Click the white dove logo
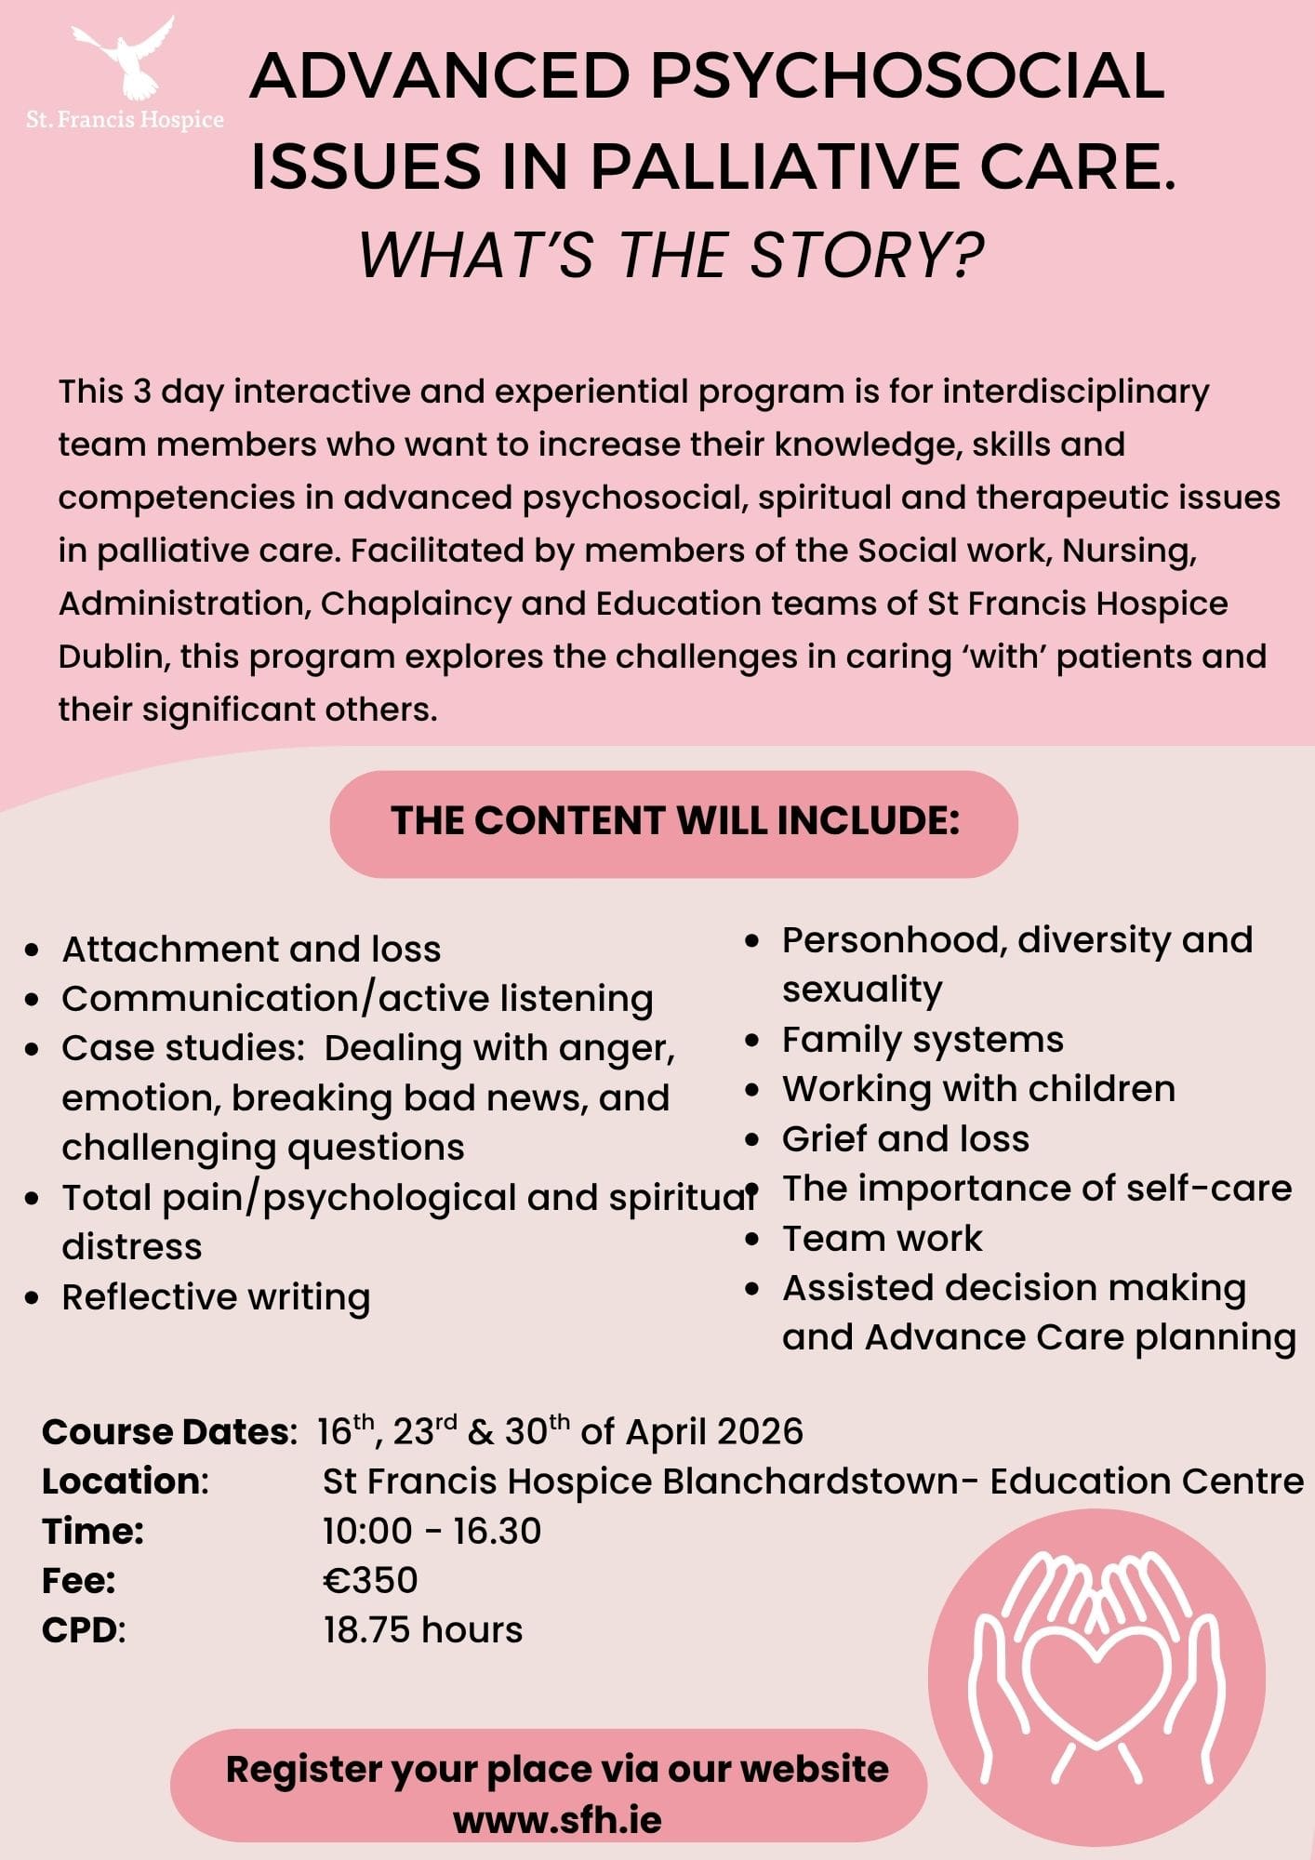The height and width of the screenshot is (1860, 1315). click(125, 58)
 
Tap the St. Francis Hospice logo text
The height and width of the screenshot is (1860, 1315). click(125, 120)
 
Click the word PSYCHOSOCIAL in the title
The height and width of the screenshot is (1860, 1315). click(907, 75)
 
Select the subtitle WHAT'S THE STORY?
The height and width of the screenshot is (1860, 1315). click(671, 255)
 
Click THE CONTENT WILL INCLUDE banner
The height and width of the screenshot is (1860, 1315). click(674, 822)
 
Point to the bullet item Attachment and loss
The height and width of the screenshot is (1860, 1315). click(251, 949)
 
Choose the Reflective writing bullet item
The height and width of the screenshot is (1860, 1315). click(216, 1296)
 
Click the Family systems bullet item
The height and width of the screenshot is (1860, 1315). click(923, 1039)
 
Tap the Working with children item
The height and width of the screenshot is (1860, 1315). click(978, 1088)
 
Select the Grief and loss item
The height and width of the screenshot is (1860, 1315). click(906, 1138)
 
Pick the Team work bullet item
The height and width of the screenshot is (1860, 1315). click(882, 1238)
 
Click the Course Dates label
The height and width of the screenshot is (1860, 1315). click(168, 1431)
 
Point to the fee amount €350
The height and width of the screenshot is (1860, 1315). click(370, 1580)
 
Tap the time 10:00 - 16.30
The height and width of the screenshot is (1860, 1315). click(432, 1531)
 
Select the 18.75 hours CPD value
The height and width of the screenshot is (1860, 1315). click(423, 1630)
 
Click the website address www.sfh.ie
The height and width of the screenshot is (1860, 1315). click(557, 1819)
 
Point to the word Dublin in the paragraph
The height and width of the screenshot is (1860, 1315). click(111, 657)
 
